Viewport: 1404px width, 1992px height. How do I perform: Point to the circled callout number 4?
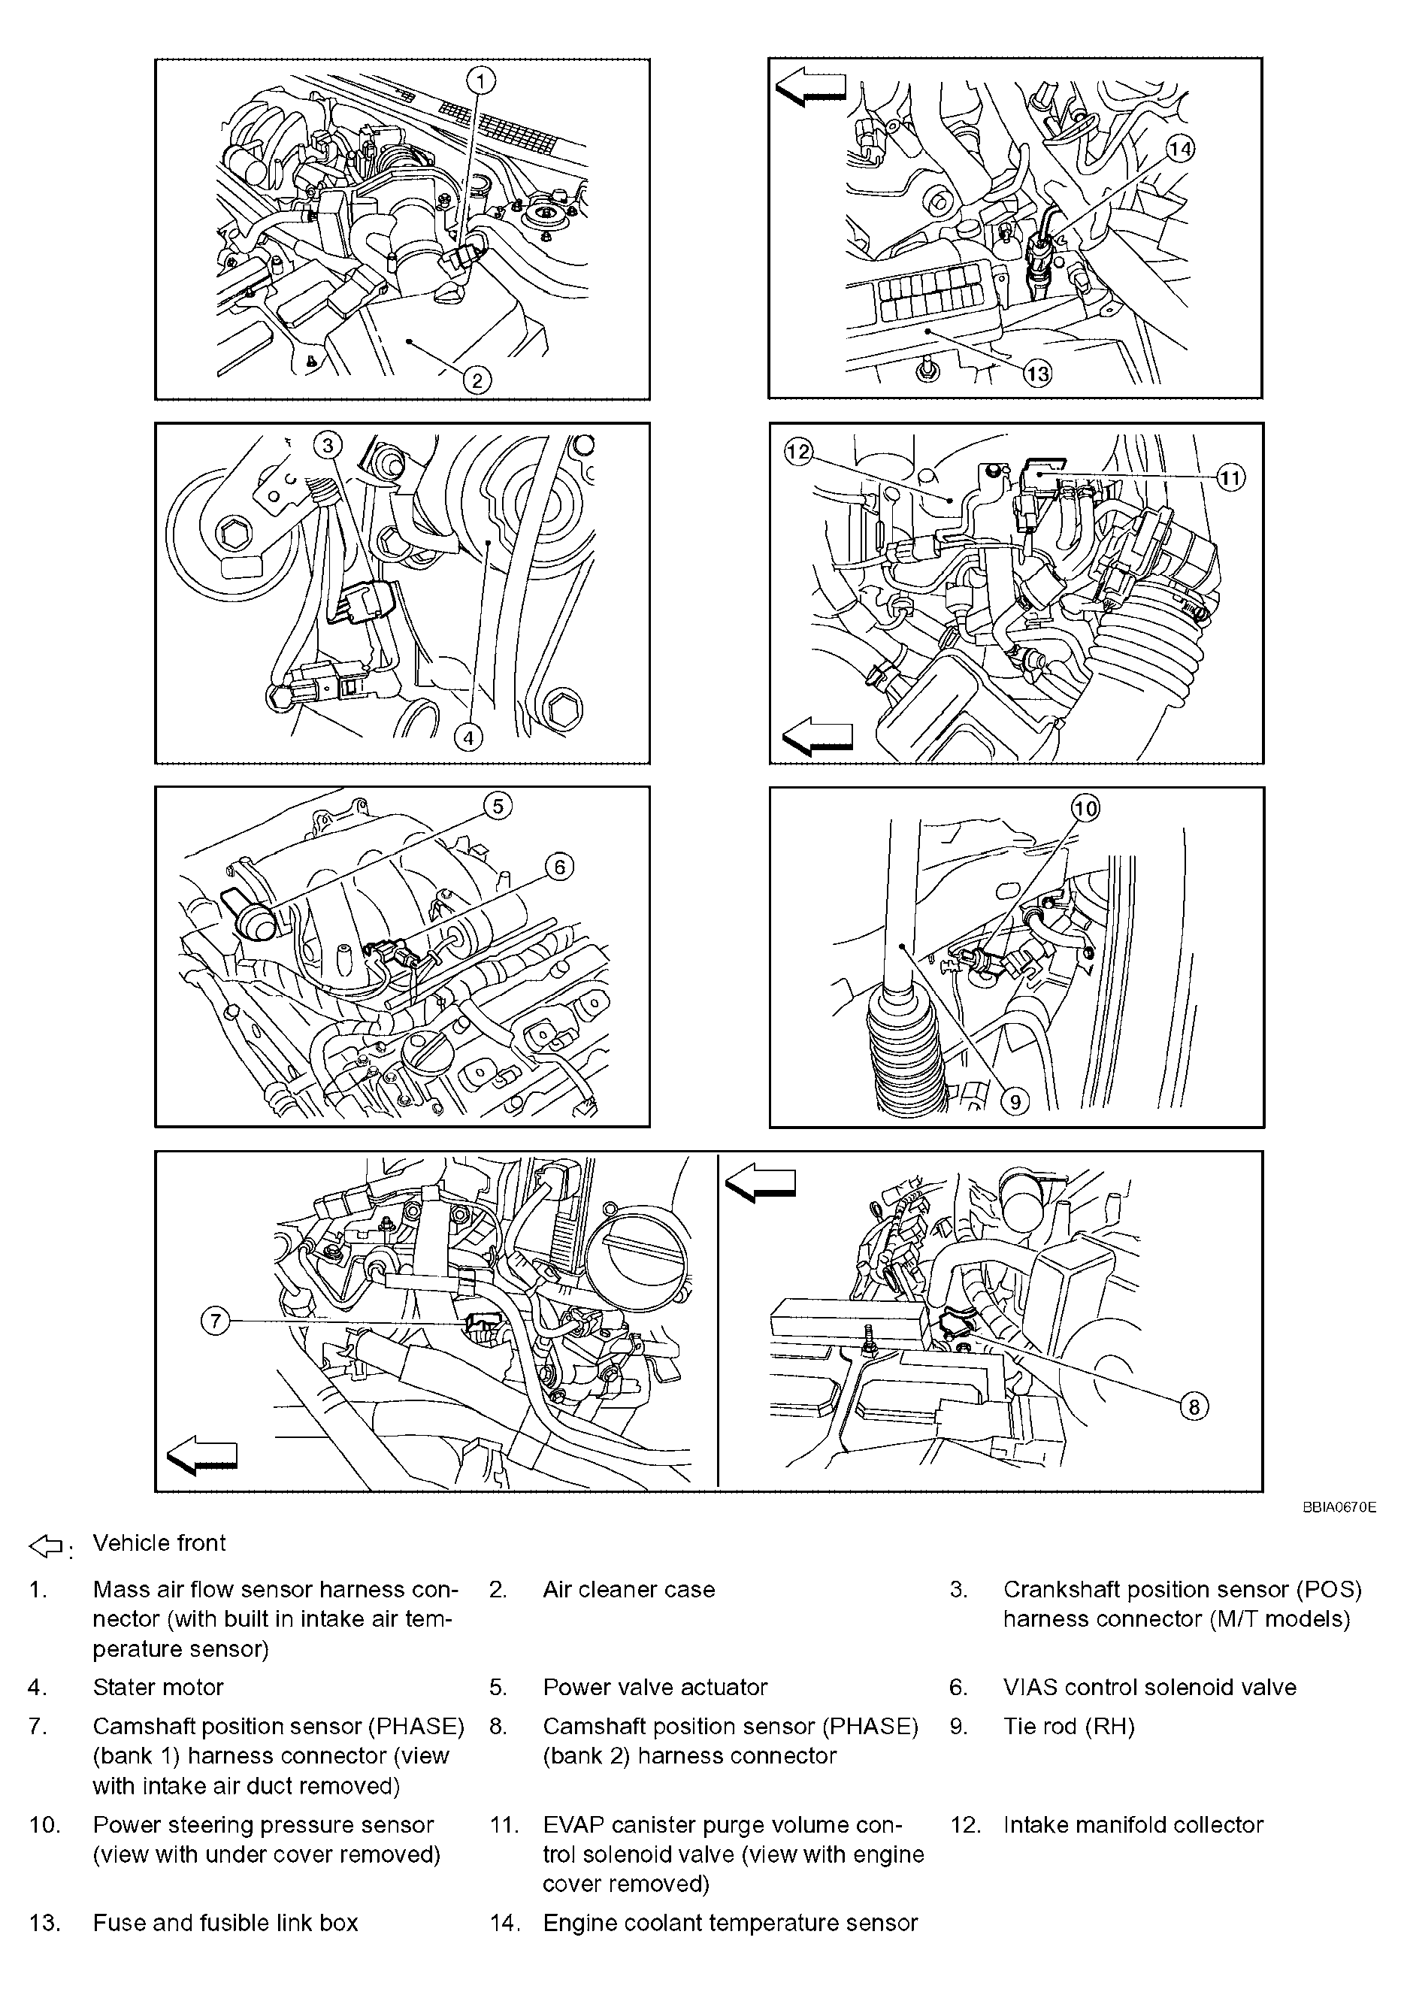468,737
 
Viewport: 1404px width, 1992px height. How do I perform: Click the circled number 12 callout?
797,451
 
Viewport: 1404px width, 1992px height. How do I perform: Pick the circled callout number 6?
559,867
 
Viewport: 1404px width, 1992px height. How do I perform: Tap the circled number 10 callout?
1085,809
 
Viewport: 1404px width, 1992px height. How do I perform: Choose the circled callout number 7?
215,1321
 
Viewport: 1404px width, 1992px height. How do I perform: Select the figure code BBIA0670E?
1338,1508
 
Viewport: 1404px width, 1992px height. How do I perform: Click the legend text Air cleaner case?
628,1589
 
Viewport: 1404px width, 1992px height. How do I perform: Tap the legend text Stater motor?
158,1687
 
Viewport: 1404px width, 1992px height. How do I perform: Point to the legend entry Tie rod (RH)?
1068,1726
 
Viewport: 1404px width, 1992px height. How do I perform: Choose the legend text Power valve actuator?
655,1687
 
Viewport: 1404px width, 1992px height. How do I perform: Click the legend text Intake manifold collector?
1133,1824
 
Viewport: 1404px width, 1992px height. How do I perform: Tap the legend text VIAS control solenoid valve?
1149,1687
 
